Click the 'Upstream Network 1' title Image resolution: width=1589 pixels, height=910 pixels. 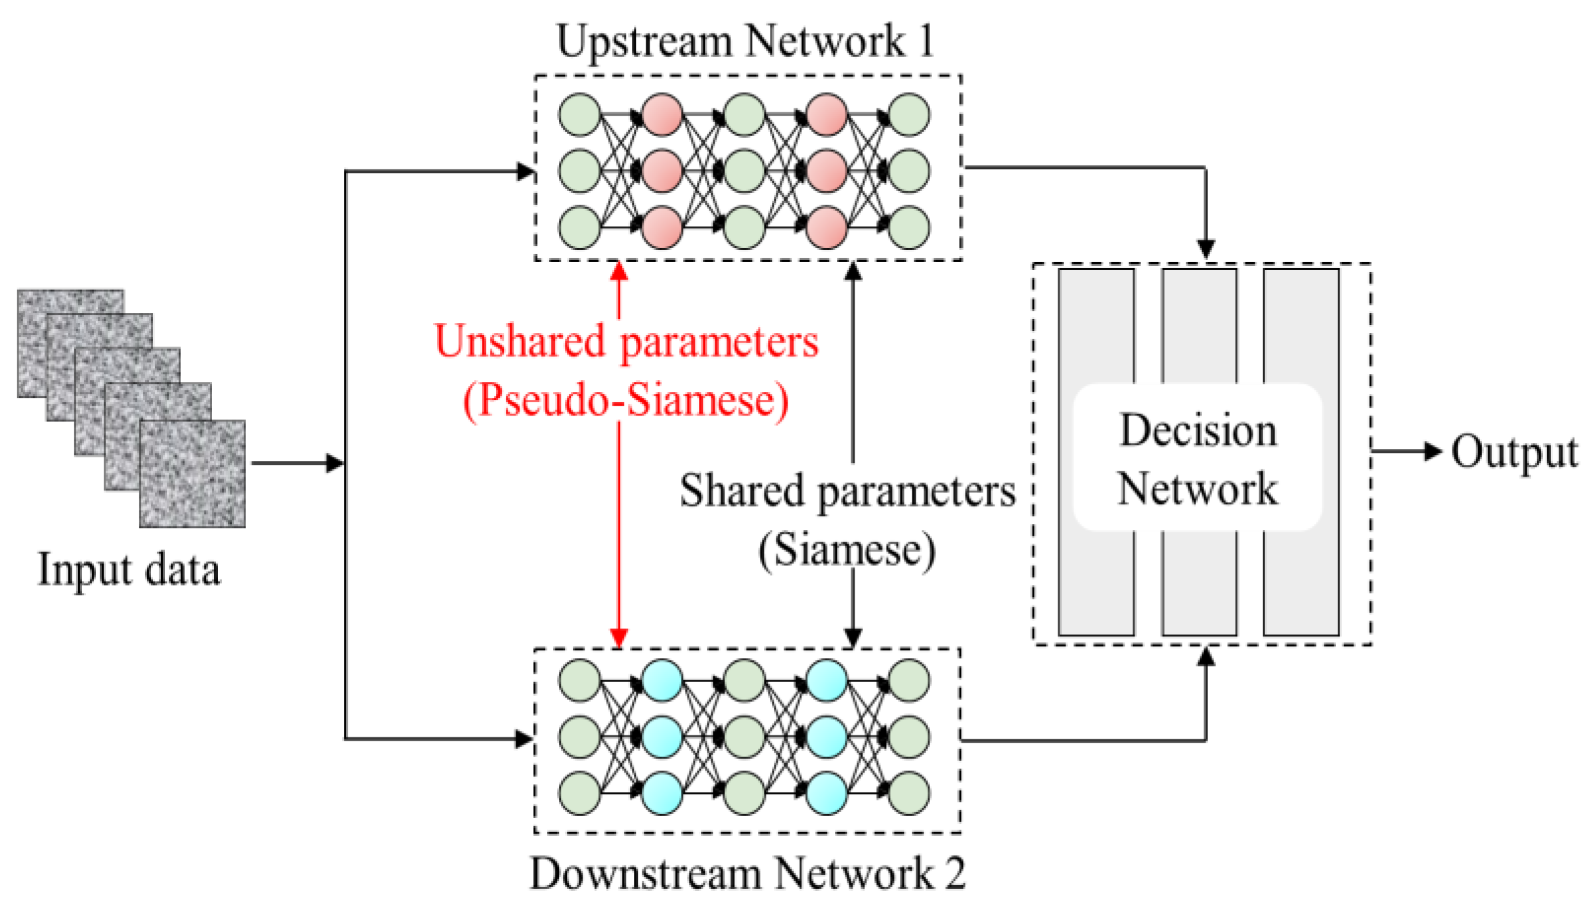pyautogui.click(x=744, y=41)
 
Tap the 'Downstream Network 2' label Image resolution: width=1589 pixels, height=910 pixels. pyautogui.click(x=747, y=874)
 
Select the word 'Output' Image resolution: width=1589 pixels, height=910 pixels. pyautogui.click(x=1513, y=452)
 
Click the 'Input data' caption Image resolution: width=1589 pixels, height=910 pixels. pyautogui.click(x=129, y=570)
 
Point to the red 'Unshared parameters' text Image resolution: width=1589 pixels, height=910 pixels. pyautogui.click(x=626, y=342)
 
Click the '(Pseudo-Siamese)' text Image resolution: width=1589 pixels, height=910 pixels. pyautogui.click(x=626, y=400)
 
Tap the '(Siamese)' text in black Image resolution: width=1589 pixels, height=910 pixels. pyautogui.click(x=847, y=550)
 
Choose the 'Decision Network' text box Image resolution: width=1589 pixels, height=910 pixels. pyautogui.click(x=1197, y=459)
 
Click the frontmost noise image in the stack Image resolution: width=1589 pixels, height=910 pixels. pyautogui.click(x=192, y=474)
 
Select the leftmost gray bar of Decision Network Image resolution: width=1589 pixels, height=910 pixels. pyautogui.click(x=1096, y=328)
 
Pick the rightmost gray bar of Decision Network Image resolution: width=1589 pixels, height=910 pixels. pyautogui.click(x=1301, y=328)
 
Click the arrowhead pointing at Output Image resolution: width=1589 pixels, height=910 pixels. pyautogui.click(x=1433, y=451)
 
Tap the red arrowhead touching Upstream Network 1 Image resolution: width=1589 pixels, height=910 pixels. pyautogui.click(x=619, y=271)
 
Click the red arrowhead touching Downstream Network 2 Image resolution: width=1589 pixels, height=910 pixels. pyautogui.click(x=619, y=637)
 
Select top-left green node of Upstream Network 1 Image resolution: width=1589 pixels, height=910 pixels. pyautogui.click(x=579, y=115)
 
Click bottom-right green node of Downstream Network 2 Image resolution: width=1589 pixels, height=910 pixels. pyautogui.click(x=908, y=793)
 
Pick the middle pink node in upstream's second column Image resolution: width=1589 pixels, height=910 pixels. pyautogui.click(x=661, y=171)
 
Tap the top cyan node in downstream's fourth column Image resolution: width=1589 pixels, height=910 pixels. pyautogui.click(x=826, y=681)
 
